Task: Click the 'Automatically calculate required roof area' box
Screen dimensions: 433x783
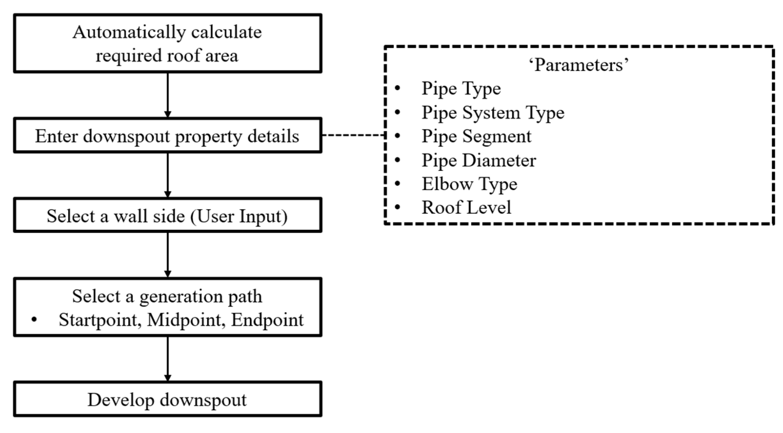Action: coord(167,44)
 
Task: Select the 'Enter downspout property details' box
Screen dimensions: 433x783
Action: coord(167,136)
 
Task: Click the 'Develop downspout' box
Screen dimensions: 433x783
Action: coord(167,399)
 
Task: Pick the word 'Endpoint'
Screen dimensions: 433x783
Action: coord(267,320)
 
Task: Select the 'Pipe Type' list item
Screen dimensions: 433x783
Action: coord(461,89)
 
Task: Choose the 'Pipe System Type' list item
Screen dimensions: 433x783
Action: coord(493,113)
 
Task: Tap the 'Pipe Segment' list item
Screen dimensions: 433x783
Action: coord(476,136)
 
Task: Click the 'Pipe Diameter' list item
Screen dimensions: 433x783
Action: coord(478,160)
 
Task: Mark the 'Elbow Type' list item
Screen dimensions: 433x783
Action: coord(469,184)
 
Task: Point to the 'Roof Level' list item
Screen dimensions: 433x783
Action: coord(466,207)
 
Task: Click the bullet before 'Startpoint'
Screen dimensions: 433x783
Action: coord(34,319)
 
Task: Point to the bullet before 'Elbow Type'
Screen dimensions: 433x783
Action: coord(398,183)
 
